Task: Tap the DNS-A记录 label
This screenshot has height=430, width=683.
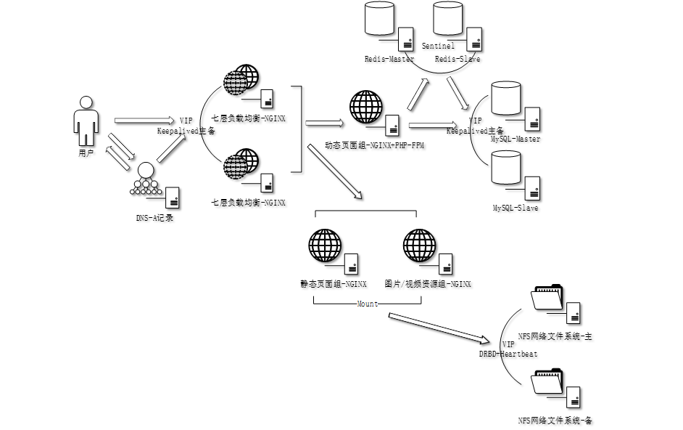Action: point(154,218)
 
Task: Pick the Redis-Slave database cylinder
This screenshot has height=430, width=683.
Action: point(447,19)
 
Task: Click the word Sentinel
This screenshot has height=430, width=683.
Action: point(438,46)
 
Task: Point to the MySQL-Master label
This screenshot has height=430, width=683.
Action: point(516,139)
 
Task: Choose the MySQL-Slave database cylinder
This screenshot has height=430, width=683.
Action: point(506,168)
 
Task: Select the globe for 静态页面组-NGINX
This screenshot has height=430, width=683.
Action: point(324,246)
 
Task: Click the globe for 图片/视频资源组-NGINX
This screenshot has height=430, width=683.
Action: point(419,246)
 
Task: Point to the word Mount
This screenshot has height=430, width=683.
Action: point(367,304)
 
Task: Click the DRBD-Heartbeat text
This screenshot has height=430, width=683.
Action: point(508,354)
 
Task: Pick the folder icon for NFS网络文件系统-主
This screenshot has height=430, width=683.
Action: point(547,297)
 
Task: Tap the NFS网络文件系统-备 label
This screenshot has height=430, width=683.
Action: point(555,421)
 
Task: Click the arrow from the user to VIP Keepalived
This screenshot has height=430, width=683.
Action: point(144,121)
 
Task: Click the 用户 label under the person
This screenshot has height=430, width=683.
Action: point(86,154)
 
